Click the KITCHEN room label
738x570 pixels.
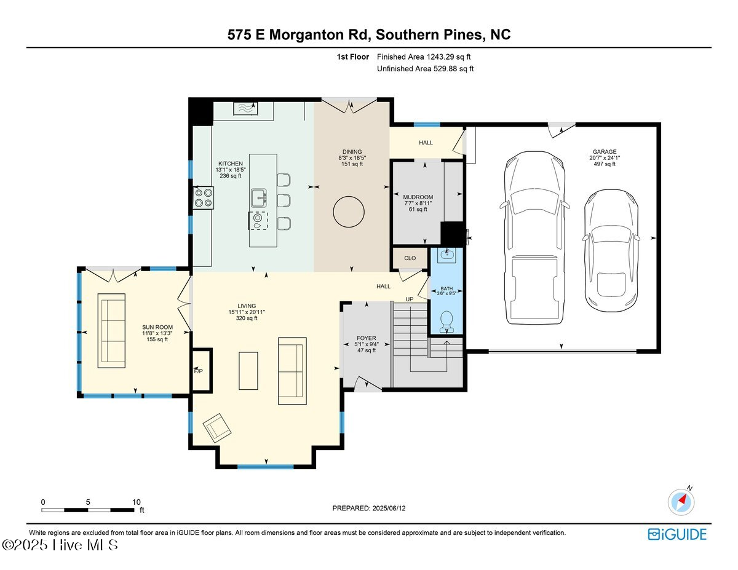[230, 163]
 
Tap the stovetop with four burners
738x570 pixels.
[204, 197]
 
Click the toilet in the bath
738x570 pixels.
[447, 319]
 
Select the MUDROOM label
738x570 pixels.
[418, 197]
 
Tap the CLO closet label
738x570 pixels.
[410, 258]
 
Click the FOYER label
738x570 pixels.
[366, 338]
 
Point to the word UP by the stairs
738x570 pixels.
[409, 299]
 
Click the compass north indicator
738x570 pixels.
[681, 501]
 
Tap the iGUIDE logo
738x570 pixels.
[677, 534]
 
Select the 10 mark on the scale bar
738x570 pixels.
[137, 502]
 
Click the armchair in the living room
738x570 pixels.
[216, 428]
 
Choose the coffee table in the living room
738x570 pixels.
[249, 370]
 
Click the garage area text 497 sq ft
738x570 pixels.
[604, 164]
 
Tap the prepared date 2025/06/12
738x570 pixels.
[390, 509]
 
